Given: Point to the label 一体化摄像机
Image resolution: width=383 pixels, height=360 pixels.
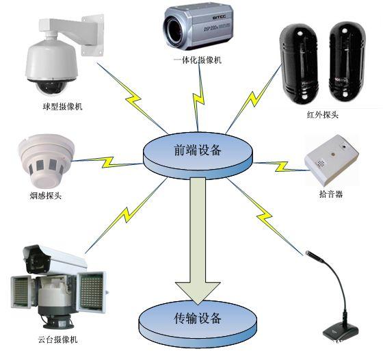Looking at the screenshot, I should (x=198, y=60).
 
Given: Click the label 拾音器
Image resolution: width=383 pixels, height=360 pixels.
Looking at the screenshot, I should (x=331, y=194).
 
